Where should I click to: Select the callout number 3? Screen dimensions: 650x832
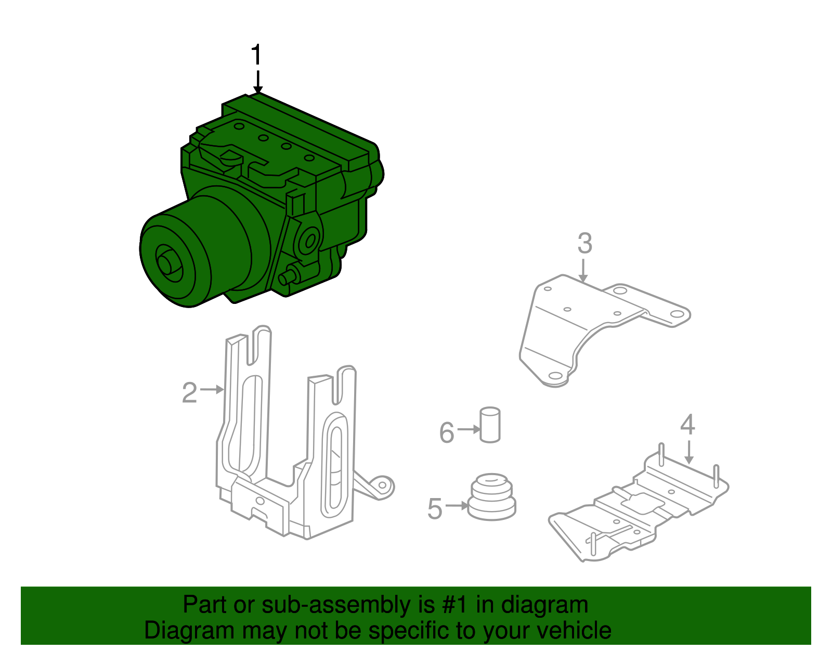584,244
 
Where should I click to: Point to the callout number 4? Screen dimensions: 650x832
687,425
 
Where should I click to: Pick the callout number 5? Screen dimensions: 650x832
435,508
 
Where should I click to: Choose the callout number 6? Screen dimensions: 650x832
447,432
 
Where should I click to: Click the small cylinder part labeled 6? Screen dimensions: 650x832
489,425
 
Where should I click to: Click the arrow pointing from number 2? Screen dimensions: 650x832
212,389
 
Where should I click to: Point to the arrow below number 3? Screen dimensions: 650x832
583,271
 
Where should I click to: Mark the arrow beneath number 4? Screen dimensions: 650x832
688,452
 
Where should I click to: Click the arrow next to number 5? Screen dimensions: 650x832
457,505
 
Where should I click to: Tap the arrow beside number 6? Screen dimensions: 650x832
469,429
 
